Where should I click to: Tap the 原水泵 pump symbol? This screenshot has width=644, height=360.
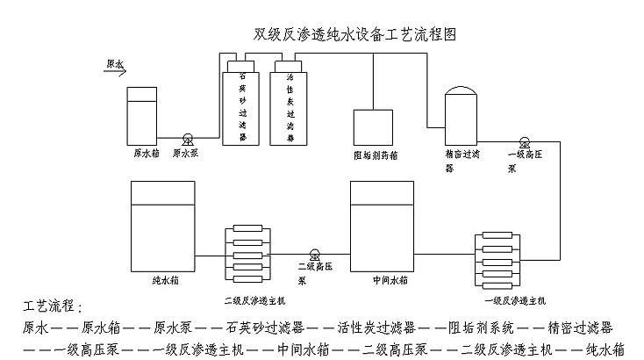point(187,138)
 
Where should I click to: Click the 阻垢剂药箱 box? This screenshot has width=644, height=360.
point(374,128)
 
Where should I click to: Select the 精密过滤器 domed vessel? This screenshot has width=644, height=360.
point(462,114)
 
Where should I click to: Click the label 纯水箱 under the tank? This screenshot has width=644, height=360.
point(165,283)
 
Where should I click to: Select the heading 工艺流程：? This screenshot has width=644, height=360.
point(52,307)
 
